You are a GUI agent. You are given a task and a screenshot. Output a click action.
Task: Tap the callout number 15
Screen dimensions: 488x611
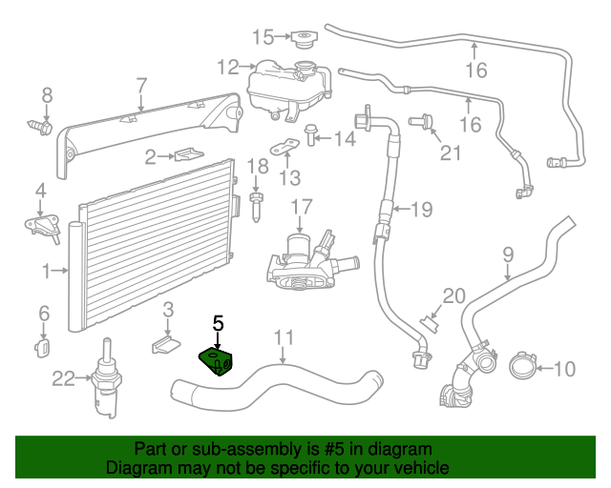point(263,37)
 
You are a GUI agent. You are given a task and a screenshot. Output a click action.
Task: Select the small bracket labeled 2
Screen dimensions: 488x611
point(185,154)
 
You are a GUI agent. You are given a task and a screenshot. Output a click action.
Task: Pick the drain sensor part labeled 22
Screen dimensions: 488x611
point(105,385)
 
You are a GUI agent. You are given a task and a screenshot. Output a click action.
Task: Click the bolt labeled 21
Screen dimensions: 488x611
point(421,121)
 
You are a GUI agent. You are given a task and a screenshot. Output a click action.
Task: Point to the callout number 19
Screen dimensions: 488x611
point(421,207)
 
